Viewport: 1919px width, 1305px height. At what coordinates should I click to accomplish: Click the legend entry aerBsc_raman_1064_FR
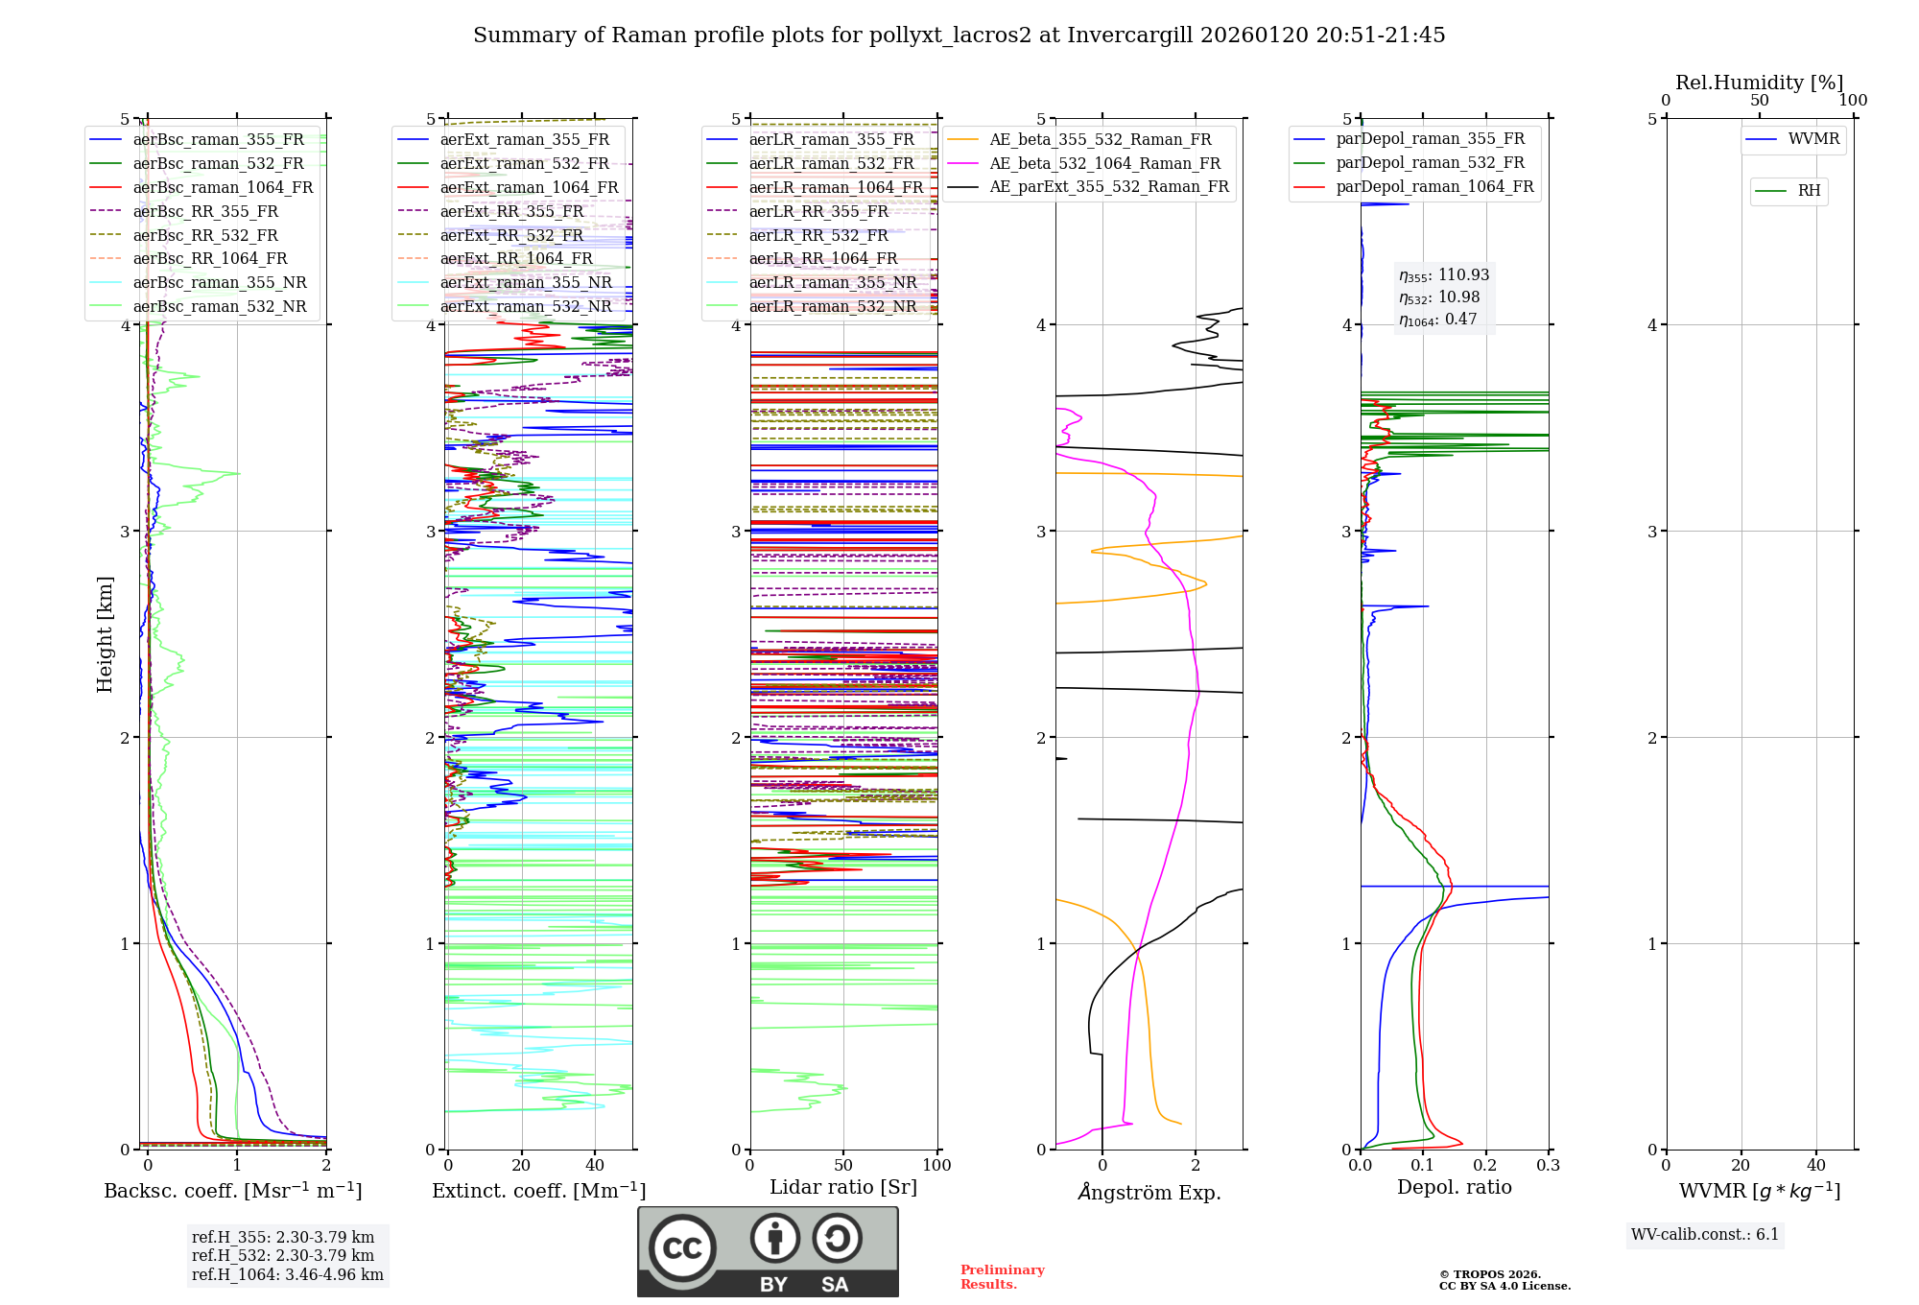tap(223, 187)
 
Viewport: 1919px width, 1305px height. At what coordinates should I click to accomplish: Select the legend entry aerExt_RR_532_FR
tap(511, 235)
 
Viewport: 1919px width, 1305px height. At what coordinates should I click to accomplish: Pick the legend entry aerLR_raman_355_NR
tap(832, 282)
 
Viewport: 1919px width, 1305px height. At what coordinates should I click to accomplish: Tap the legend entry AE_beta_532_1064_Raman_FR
tap(1104, 163)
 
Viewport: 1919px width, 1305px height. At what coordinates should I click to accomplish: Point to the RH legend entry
tap(1809, 190)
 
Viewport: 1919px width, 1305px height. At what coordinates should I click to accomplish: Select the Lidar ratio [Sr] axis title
tap(843, 1187)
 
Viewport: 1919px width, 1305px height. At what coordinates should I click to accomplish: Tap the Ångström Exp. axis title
tap(1149, 1192)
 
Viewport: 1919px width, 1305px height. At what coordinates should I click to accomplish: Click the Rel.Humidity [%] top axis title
tap(1759, 83)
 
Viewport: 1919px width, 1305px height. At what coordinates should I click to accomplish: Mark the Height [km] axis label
tap(105, 634)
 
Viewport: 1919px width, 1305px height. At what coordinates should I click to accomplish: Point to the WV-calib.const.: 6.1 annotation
tap(1704, 1234)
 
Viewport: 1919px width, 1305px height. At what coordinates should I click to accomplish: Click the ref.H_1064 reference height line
tap(287, 1274)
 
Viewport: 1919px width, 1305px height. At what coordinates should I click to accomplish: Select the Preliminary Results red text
tap(1002, 1276)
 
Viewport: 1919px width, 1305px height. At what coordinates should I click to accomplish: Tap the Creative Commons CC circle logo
tap(682, 1247)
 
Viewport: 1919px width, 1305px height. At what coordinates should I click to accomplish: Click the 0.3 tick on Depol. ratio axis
tap(1548, 1165)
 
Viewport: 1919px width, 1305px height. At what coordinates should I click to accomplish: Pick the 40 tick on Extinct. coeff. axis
tap(595, 1165)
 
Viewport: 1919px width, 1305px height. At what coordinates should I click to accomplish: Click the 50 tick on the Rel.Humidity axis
tap(1759, 100)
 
